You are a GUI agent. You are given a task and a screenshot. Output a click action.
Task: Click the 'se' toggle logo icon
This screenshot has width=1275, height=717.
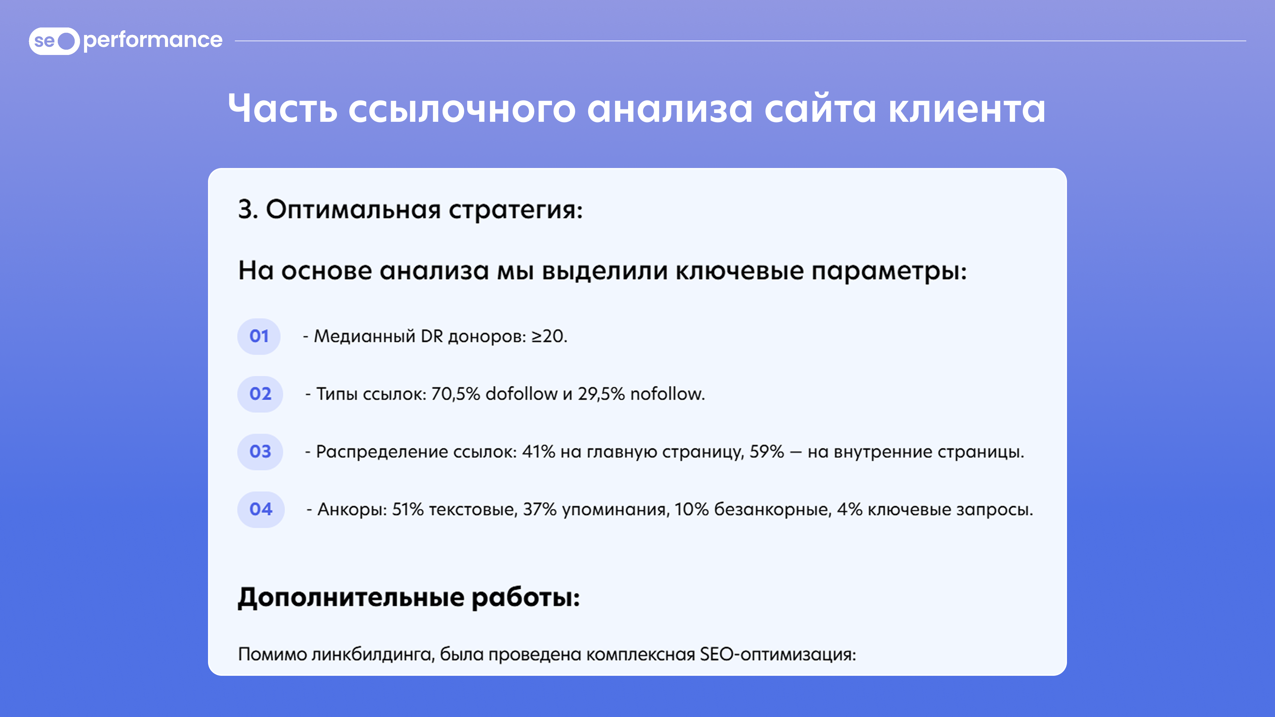[54, 41]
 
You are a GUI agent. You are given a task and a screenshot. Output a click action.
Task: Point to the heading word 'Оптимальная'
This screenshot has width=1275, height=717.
[353, 210]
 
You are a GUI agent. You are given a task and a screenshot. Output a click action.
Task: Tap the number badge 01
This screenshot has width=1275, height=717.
[259, 336]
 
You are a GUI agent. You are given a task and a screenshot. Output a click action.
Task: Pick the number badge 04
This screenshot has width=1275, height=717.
[261, 510]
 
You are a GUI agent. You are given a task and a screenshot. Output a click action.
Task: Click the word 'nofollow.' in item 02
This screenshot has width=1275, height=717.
[668, 394]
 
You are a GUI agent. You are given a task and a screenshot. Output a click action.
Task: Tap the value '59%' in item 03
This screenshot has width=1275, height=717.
[767, 452]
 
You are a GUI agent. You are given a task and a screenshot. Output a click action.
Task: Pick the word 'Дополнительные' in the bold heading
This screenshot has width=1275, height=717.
[351, 597]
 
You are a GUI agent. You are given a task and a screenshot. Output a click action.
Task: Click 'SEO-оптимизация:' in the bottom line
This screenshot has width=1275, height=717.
[777, 655]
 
